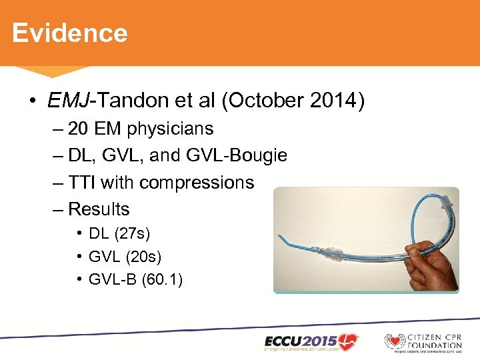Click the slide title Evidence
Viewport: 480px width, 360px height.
pos(69,33)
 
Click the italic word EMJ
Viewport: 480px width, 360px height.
pos(69,101)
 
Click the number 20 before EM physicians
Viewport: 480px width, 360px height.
pos(78,129)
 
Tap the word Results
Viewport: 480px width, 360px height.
pos(99,209)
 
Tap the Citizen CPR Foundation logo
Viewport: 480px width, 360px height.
pos(423,341)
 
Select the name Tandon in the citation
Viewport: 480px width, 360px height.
pos(127,101)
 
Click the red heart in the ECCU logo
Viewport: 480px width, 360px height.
pos(347,339)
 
